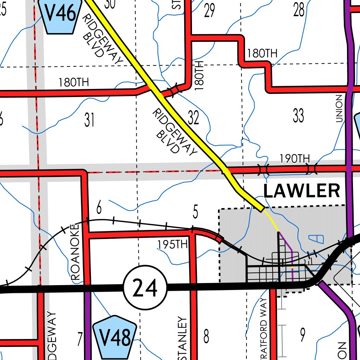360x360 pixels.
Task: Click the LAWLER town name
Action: tap(301, 192)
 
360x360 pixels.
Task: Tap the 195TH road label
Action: tap(172, 244)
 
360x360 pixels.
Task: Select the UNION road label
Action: tap(339, 108)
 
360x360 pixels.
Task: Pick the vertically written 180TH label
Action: tap(199, 75)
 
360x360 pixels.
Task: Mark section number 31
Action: tap(89, 120)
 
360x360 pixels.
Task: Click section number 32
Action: tap(193, 118)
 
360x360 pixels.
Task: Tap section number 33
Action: tap(298, 116)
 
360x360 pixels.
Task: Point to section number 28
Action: tap(299, 11)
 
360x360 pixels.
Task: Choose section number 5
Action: tap(195, 212)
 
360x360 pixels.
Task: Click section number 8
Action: tap(206, 336)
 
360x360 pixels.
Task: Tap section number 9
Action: tap(302, 335)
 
